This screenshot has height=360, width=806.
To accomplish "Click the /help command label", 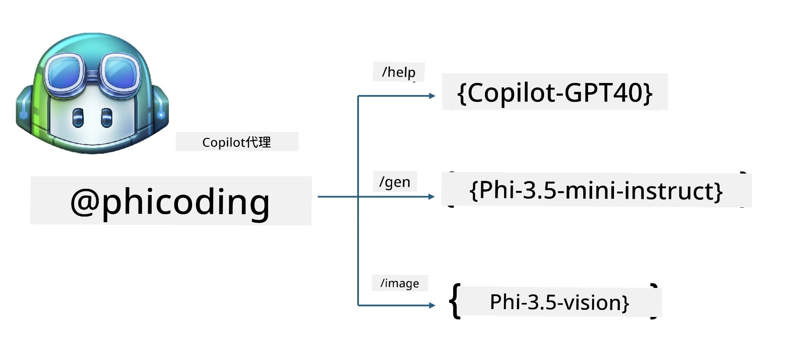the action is [x=399, y=72].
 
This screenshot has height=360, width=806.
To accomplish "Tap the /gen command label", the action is [x=395, y=181].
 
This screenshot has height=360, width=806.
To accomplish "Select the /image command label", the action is [x=400, y=283].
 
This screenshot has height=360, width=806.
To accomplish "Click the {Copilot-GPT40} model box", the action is [x=555, y=92].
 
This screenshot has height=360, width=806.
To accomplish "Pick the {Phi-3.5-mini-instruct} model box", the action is [x=596, y=190].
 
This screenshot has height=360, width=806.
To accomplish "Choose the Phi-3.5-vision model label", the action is [x=559, y=302].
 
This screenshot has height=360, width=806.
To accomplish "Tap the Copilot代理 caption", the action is [x=237, y=142].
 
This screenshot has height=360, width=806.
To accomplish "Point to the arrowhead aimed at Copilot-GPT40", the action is [x=432, y=96].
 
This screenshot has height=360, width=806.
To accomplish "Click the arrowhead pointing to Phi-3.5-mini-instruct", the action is [x=432, y=197].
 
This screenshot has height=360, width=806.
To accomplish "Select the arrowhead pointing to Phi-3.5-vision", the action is [x=432, y=305].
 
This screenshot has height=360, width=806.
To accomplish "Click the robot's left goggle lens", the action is [x=65, y=72].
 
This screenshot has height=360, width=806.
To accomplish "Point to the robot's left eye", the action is [x=78, y=118].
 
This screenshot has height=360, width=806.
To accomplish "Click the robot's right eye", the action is [x=107, y=118].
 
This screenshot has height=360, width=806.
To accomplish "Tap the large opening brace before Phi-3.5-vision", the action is [x=455, y=301].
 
